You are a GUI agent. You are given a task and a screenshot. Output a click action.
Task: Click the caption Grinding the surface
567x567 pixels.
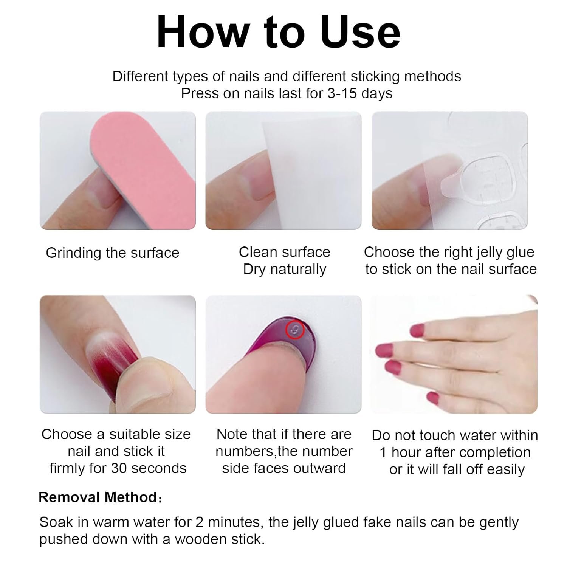tap(113, 253)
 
